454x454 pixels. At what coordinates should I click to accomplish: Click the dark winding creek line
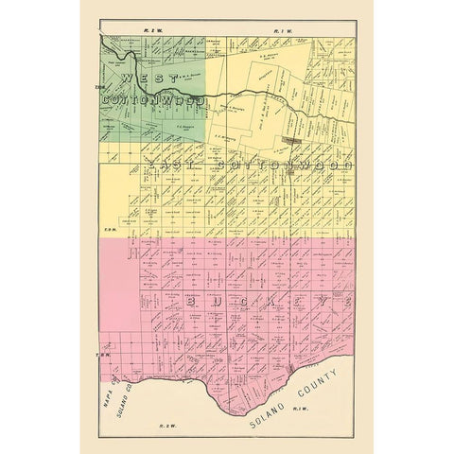point(236,95)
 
